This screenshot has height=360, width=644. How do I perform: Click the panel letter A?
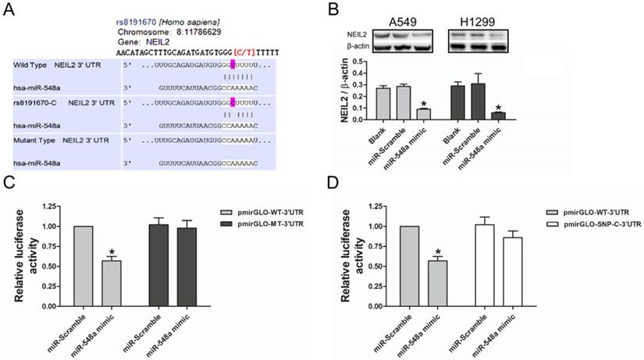coord(10,9)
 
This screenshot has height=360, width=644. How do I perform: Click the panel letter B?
coord(333,9)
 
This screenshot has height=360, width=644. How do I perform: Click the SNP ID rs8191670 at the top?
coord(139,5)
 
